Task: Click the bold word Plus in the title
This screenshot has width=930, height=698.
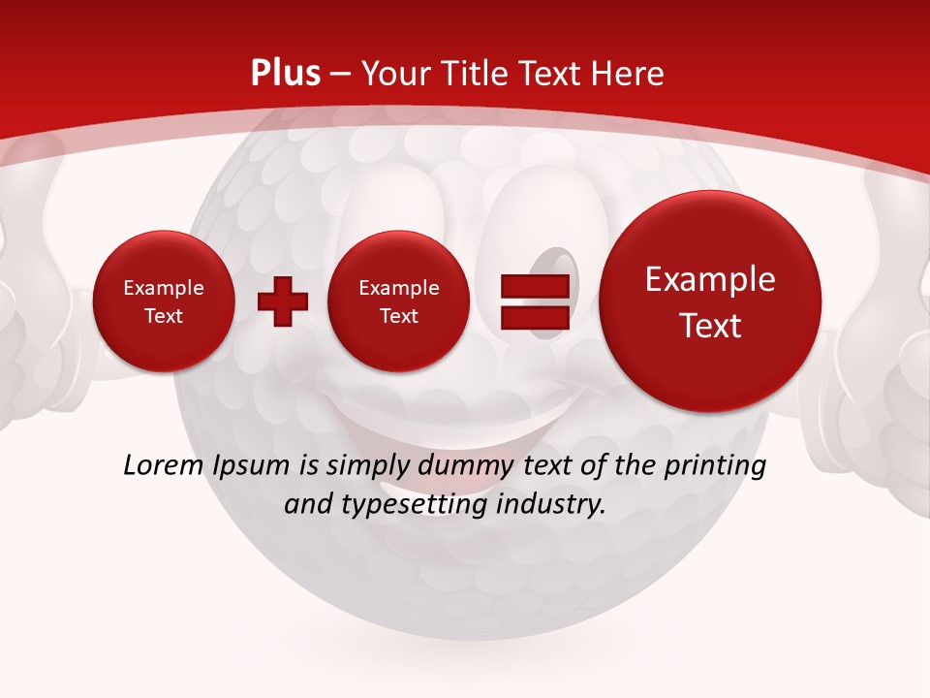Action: [x=285, y=74]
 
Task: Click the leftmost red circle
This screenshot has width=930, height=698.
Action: [x=163, y=301]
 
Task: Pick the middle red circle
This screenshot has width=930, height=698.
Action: [x=398, y=301]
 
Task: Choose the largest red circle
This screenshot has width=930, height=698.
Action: [x=710, y=301]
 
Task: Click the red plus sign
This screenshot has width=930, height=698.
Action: [x=283, y=301]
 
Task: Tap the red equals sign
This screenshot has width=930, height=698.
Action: [x=534, y=301]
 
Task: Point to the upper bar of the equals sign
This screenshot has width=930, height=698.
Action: [x=534, y=286]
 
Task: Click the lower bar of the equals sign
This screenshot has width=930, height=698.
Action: [x=534, y=318]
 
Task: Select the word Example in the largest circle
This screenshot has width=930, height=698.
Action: [x=710, y=279]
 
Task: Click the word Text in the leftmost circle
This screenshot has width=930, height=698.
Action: [x=163, y=316]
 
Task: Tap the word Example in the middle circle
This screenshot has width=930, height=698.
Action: [x=398, y=288]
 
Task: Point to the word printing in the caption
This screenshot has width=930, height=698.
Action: [x=713, y=465]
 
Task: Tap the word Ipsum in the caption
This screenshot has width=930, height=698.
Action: [x=250, y=465]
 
